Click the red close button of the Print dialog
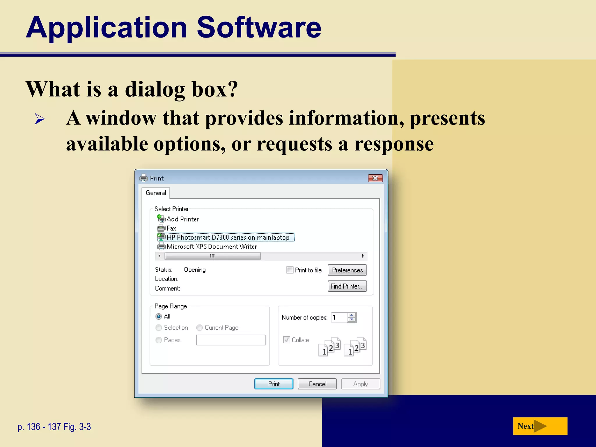[375, 178]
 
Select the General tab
[156, 193]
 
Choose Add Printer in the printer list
[182, 219]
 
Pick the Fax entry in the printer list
[171, 228]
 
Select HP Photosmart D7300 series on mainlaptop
[228, 237]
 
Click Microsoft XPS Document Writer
[212, 247]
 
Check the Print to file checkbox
[290, 270]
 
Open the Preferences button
[347, 270]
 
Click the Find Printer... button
[347, 286]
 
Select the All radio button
[159, 316]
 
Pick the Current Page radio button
[200, 328]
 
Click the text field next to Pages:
[231, 340]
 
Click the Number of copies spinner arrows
[352, 317]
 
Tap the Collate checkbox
[287, 340]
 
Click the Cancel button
[317, 384]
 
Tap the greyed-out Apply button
[361, 384]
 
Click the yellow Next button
[540, 426]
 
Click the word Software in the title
[259, 27]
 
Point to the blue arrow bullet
[40, 119]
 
